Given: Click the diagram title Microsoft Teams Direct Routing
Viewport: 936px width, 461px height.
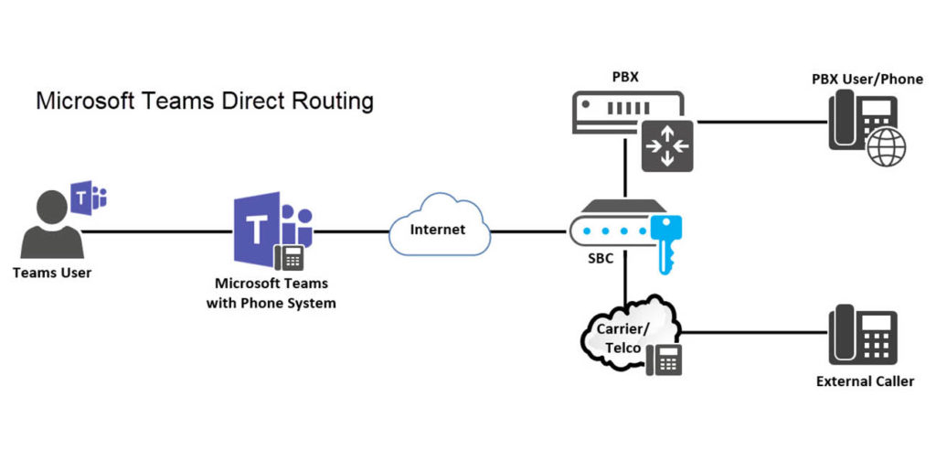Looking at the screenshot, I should (204, 101).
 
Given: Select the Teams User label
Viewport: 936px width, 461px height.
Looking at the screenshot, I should (52, 273).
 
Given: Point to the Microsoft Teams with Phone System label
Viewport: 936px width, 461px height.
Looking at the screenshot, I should (271, 293).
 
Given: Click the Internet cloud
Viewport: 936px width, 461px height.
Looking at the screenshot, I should (437, 229).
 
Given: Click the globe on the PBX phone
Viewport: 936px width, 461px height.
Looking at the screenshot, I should (886, 147).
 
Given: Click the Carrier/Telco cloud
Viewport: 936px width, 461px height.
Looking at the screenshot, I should (623, 334).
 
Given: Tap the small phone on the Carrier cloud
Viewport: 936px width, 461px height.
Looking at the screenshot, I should (665, 360).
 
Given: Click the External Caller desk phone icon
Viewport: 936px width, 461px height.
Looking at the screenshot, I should (863, 334).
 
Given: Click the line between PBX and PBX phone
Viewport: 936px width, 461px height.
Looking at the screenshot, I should (759, 121).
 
